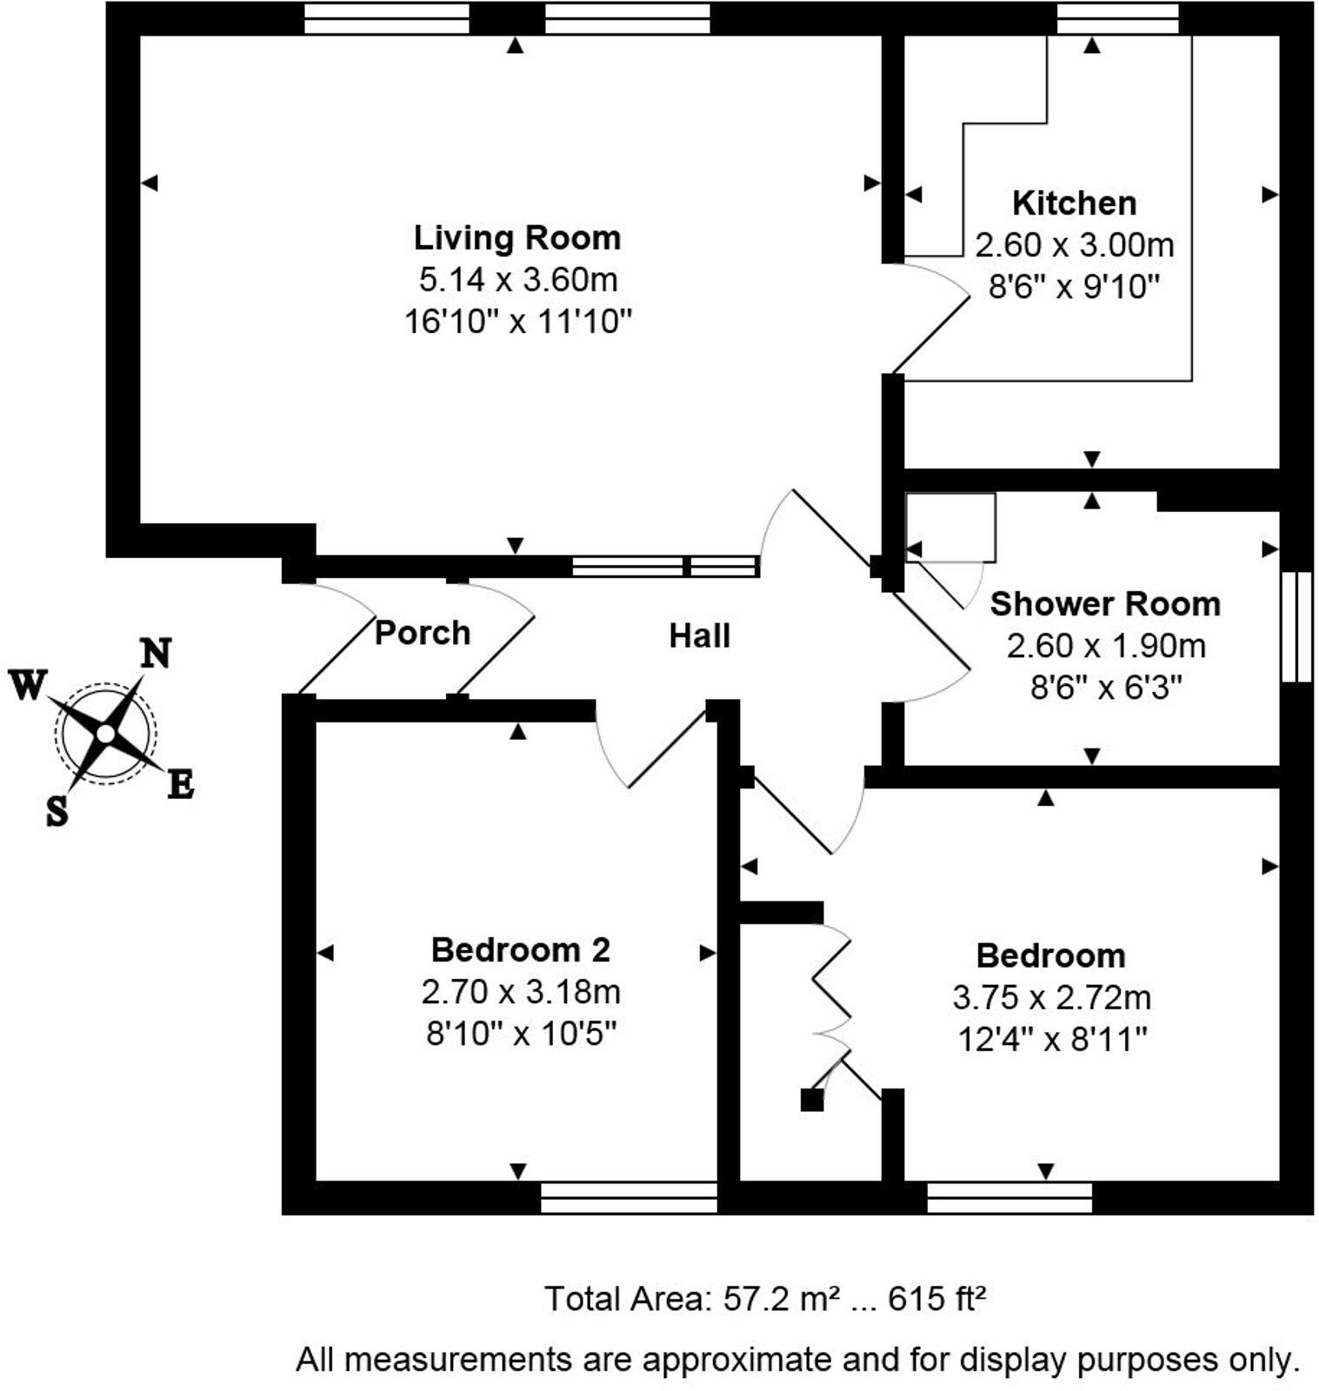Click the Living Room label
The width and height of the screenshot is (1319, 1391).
[x=516, y=237]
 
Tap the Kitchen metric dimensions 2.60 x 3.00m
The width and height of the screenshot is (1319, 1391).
[x=1074, y=245]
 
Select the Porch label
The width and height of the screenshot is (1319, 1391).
[x=422, y=632]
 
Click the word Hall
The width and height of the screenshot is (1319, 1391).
[x=699, y=636]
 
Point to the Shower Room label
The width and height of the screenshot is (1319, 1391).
[x=1104, y=603]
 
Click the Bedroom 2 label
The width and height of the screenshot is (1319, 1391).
[x=520, y=949]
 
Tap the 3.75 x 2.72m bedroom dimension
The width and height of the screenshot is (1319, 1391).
[x=1050, y=997]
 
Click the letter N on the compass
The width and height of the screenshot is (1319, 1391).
[x=156, y=652]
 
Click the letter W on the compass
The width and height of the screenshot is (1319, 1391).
[x=27, y=685]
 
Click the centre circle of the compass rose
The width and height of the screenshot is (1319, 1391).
[x=105, y=734]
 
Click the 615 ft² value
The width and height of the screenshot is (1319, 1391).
[x=936, y=1299]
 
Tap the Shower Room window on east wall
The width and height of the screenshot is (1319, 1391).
[x=1296, y=626]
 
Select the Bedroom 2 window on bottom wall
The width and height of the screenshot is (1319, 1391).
[x=628, y=1197]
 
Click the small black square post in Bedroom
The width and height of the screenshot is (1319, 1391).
[x=811, y=1100]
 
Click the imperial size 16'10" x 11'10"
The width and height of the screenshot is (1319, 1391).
[x=516, y=322]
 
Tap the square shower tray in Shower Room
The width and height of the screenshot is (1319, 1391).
[x=950, y=527]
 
